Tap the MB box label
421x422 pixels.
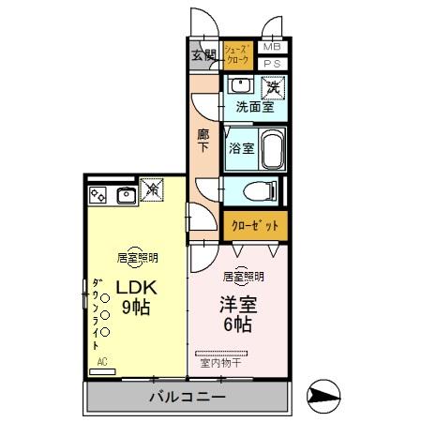click(x=272, y=47)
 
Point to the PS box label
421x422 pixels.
click(x=272, y=63)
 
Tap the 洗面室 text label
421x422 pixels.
click(x=253, y=108)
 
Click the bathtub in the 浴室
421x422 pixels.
click(x=271, y=147)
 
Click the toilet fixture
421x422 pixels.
click(x=259, y=191)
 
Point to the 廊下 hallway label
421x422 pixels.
click(x=203, y=140)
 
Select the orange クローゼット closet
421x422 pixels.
click(x=255, y=226)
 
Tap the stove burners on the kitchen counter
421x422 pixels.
click(x=98, y=195)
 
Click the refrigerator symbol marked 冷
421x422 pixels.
click(x=153, y=190)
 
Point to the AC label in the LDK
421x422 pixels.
click(x=99, y=361)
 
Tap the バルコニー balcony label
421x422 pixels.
click(x=187, y=398)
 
